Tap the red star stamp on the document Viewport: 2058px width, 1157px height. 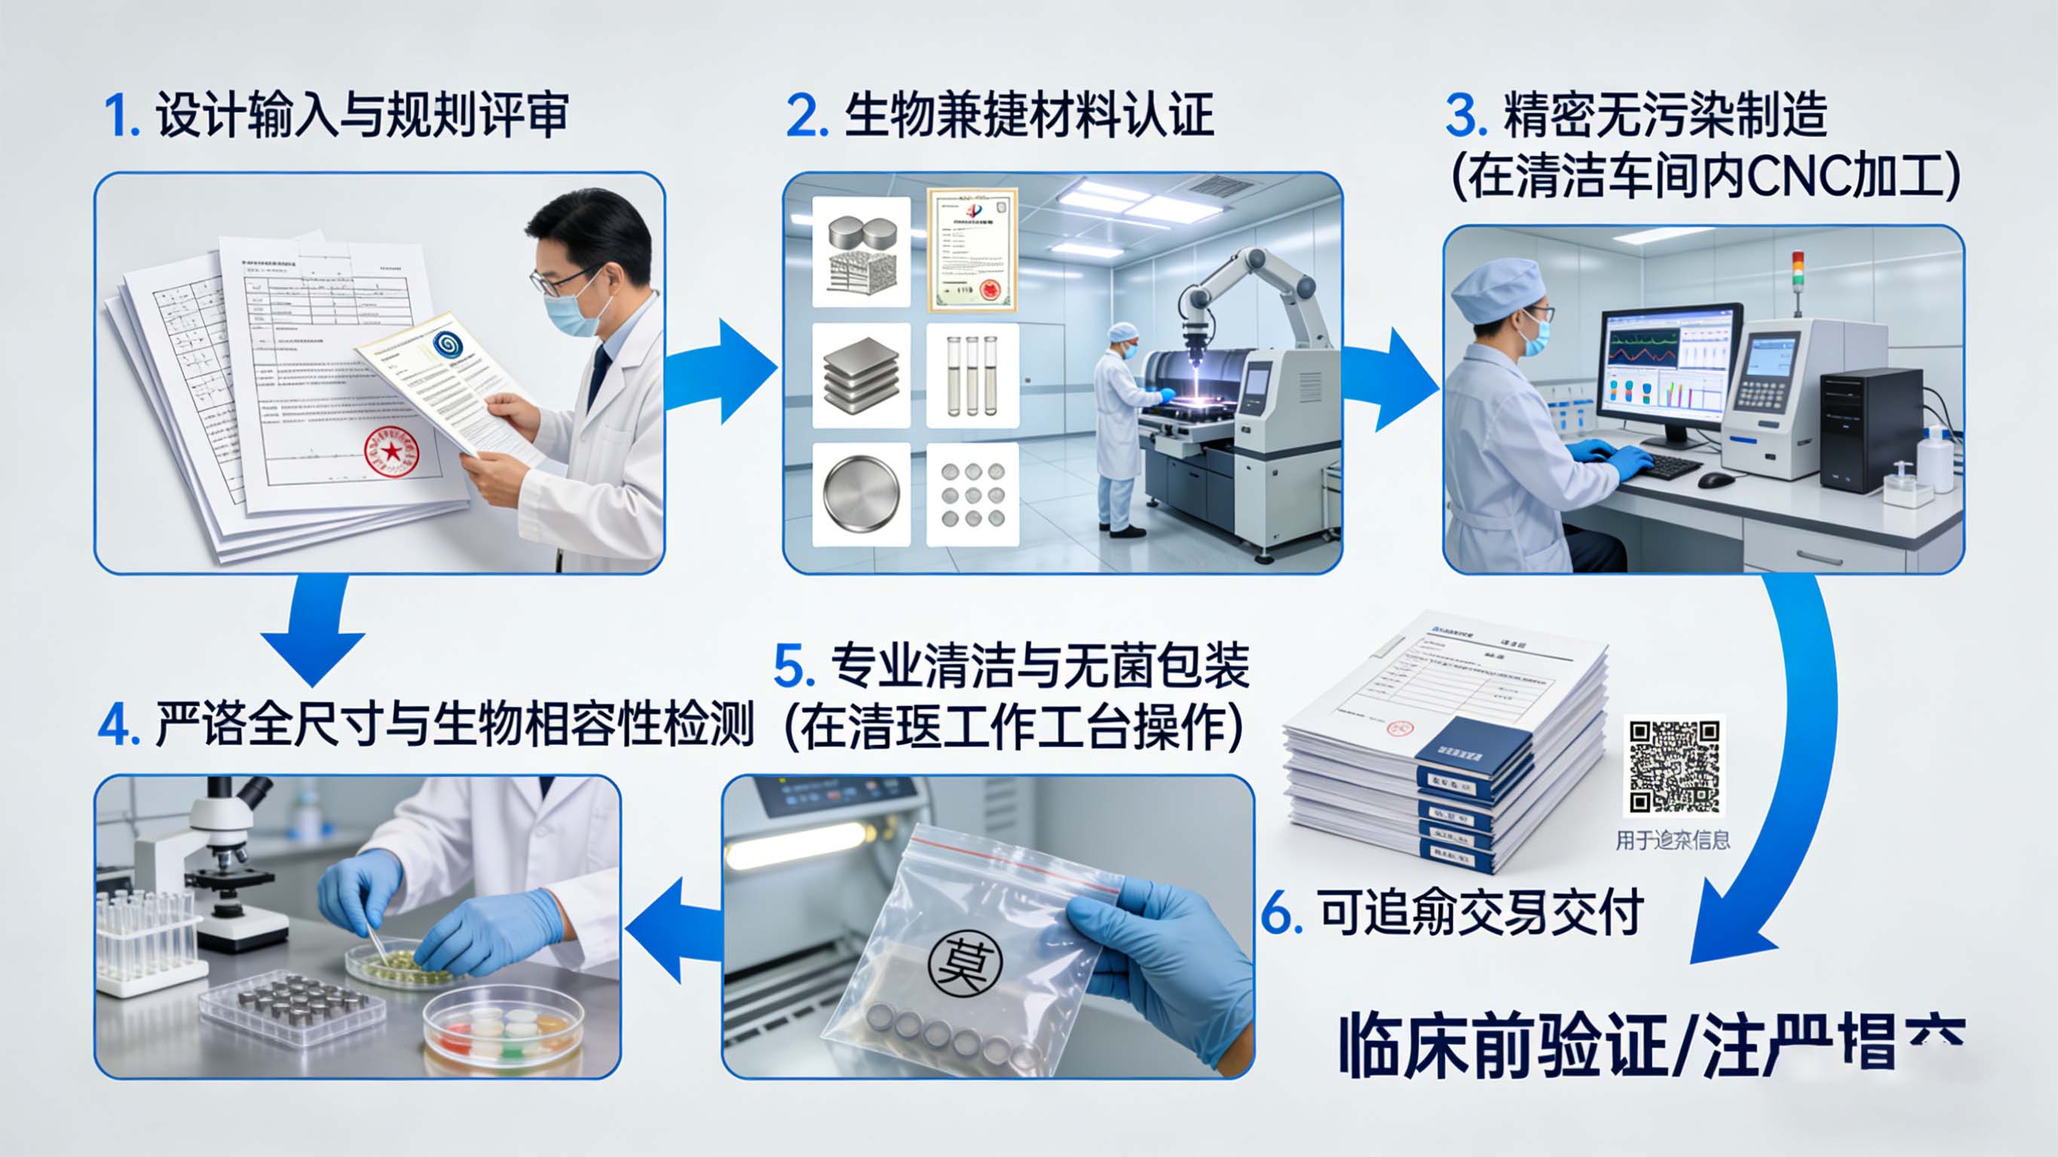[x=390, y=452]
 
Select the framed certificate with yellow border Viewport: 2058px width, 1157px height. [x=972, y=250]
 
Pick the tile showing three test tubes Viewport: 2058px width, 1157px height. [x=972, y=375]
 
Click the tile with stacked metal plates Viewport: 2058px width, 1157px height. [x=861, y=375]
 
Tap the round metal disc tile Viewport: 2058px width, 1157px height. [x=861, y=494]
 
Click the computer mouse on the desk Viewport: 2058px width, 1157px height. [x=1715, y=479]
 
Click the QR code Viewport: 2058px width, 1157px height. [x=1674, y=766]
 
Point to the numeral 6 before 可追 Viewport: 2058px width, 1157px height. [x=1282, y=914]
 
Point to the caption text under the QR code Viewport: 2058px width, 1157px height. [x=1673, y=840]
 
